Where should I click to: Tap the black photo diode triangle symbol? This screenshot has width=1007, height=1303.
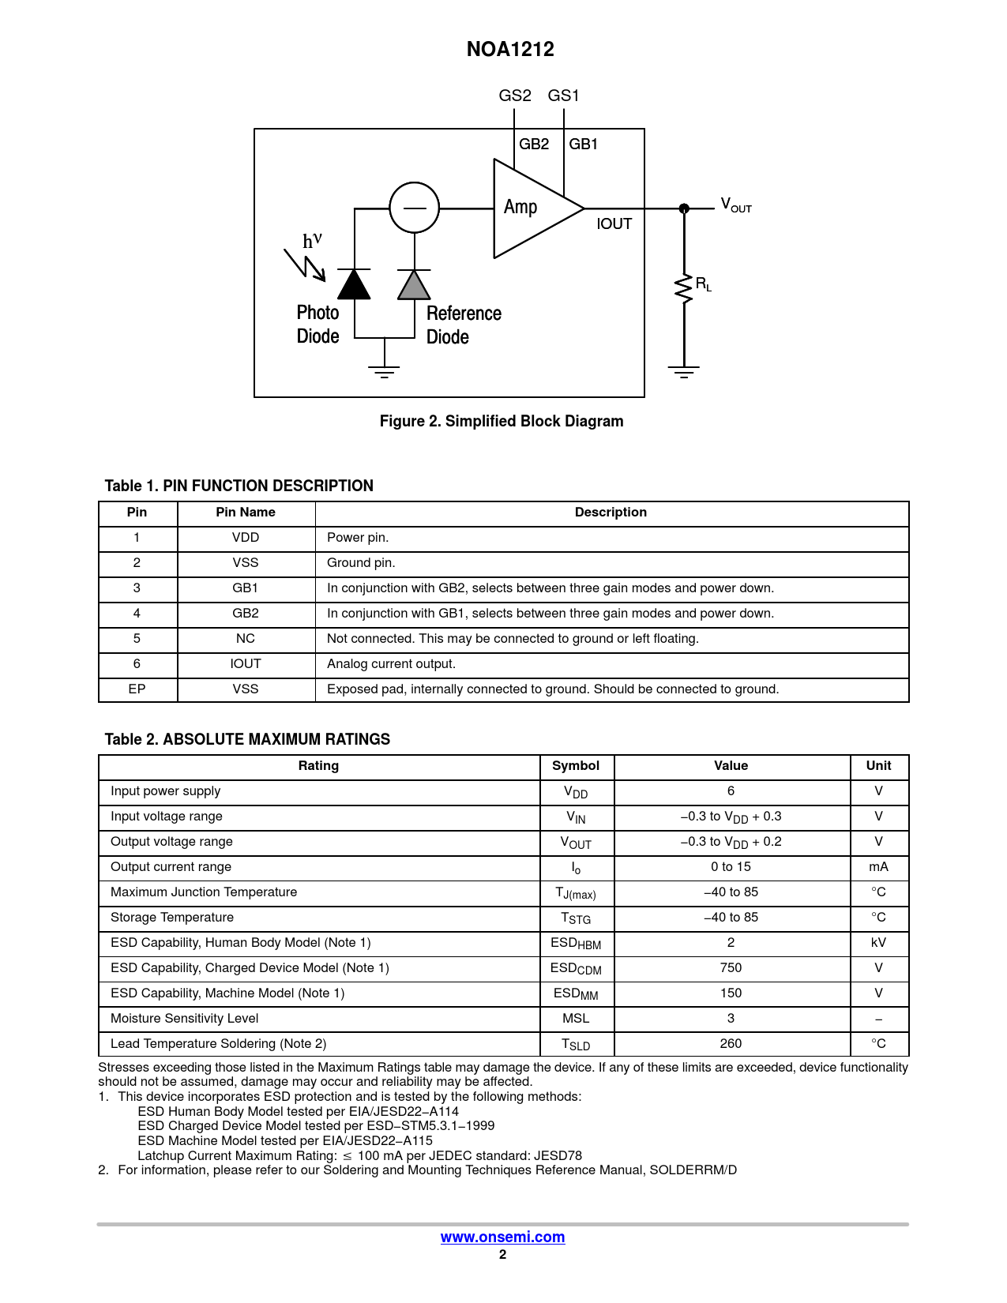tap(354, 285)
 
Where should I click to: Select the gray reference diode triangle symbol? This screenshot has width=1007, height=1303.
tap(414, 286)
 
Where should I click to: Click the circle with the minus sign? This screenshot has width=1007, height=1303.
tap(414, 208)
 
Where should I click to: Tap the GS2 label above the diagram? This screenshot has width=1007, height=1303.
tap(515, 96)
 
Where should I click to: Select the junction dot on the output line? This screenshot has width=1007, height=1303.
tap(684, 208)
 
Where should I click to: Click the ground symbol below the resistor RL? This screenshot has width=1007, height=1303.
tap(684, 371)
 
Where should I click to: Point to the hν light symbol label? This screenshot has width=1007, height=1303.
tap(313, 240)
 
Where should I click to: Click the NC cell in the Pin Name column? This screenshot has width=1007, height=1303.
tap(246, 639)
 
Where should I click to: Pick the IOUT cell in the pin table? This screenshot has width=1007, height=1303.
tap(246, 664)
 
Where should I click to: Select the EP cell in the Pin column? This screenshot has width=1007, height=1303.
tap(137, 689)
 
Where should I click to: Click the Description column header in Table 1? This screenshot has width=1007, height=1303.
tap(611, 513)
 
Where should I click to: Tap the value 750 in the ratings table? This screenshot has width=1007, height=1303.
tap(731, 968)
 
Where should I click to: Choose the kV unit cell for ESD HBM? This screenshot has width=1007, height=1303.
tap(878, 943)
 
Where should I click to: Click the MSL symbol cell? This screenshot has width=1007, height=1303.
tap(576, 1019)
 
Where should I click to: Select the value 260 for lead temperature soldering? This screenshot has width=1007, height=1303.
tap(731, 1044)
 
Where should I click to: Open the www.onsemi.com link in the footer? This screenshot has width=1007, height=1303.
tap(502, 1237)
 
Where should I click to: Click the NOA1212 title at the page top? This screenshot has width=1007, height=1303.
tap(510, 49)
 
